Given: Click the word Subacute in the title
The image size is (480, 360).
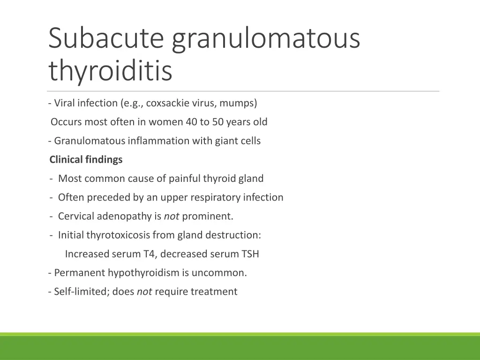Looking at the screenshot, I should pos(106,38).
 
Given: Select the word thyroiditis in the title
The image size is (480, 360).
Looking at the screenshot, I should pos(110,71).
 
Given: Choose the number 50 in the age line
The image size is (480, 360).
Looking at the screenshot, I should pos(218,122).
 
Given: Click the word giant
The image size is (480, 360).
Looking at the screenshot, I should pos(226,141).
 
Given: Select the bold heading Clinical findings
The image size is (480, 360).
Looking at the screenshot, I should pos(86,160).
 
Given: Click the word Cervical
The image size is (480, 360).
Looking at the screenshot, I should pos(76,216).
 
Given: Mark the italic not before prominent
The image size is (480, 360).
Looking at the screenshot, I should pos(172,216).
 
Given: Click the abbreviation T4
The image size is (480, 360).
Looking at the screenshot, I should pos(149,254).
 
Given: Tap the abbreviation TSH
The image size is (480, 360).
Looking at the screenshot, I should pos(250,254).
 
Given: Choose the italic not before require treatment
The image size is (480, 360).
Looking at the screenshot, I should pos(144,292).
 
